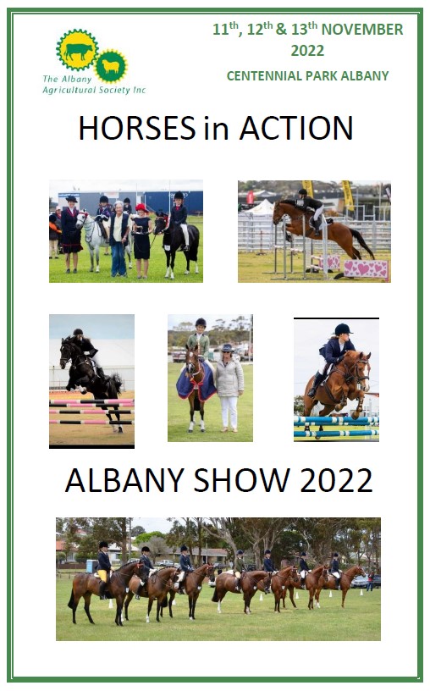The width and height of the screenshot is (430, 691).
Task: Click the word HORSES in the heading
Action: click(137, 128)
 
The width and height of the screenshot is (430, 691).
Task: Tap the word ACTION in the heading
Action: click(296, 128)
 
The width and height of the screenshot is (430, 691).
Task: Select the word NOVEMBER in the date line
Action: click(362, 30)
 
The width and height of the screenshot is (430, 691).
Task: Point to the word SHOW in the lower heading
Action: click(241, 480)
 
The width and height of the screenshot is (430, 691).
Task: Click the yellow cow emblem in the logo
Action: click(77, 50)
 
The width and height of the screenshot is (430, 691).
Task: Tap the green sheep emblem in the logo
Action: click(111, 66)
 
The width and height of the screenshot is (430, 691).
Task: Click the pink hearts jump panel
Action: click(367, 268)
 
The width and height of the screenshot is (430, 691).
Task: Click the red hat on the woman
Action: click(141, 207)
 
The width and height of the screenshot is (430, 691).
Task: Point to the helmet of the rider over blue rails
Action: click(342, 329)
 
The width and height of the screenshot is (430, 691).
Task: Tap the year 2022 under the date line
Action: click(307, 51)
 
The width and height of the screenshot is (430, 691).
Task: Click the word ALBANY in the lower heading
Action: click(124, 480)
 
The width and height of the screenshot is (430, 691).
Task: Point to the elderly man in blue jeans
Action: click(119, 239)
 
